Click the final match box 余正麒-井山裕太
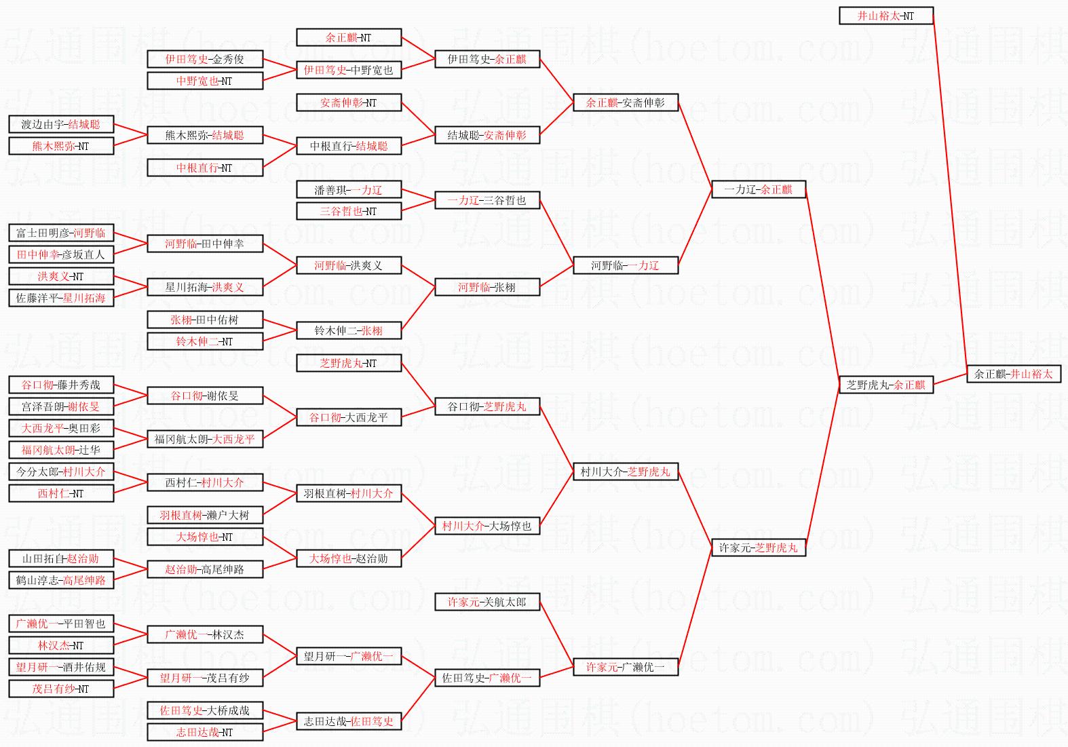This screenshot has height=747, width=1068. (x=1013, y=374)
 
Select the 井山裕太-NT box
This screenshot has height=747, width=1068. (x=885, y=16)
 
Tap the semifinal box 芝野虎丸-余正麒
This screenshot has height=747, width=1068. (x=885, y=385)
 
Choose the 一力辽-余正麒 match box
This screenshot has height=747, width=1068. (x=758, y=189)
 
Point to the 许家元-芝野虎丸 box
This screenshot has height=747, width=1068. (x=758, y=548)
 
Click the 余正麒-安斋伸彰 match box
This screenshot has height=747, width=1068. (x=625, y=102)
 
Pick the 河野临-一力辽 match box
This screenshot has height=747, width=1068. (x=625, y=265)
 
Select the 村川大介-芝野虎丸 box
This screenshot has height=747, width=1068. (x=625, y=472)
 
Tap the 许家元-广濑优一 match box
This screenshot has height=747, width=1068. (x=625, y=667)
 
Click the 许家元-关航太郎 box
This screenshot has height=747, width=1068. (x=487, y=602)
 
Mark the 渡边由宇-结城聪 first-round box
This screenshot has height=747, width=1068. (x=61, y=124)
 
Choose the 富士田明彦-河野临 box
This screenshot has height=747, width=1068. (x=61, y=233)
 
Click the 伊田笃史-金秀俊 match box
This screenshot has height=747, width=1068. (x=205, y=59)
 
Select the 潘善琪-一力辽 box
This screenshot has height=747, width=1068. (x=348, y=189)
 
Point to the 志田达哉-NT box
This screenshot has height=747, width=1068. (x=205, y=732)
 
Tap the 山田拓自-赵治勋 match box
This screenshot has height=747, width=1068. (x=61, y=558)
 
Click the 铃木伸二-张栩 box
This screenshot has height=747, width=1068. (x=348, y=330)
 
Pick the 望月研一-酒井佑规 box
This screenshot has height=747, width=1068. (x=61, y=667)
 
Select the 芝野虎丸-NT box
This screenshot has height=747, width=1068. (x=348, y=363)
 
